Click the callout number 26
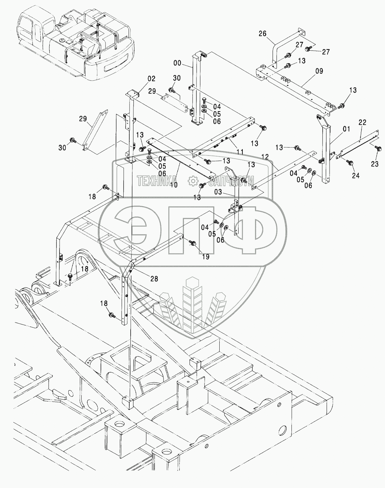tap(262, 34)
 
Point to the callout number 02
tap(141, 79)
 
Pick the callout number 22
tap(362, 122)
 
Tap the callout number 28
tap(154, 279)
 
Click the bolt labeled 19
tap(192, 242)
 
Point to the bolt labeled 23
tap(378, 149)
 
